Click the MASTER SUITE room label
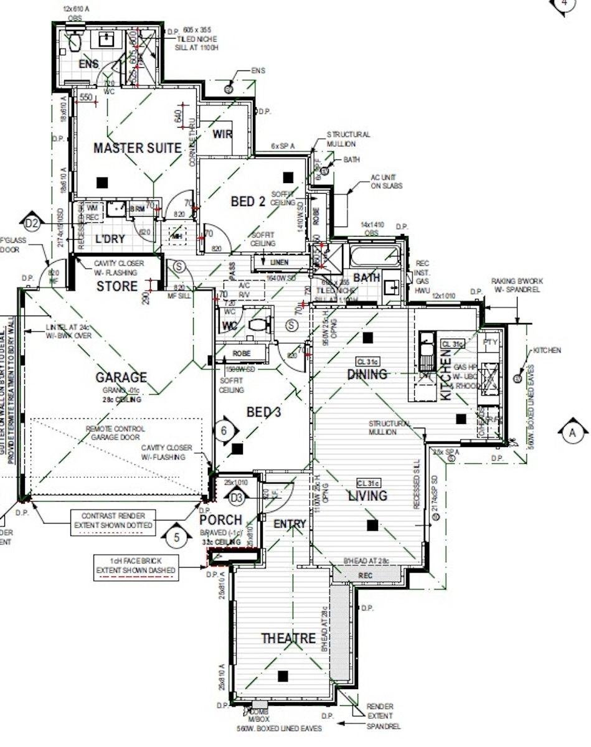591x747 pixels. (137, 148)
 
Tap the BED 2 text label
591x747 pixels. (248, 202)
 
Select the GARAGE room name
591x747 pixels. (121, 377)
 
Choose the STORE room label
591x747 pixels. (117, 286)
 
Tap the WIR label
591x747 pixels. (222, 134)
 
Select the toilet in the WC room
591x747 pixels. (259, 324)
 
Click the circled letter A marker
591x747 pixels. (572, 433)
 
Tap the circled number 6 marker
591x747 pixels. (225, 430)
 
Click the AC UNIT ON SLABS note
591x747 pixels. (387, 182)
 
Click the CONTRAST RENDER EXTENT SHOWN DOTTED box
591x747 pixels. (113, 520)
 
